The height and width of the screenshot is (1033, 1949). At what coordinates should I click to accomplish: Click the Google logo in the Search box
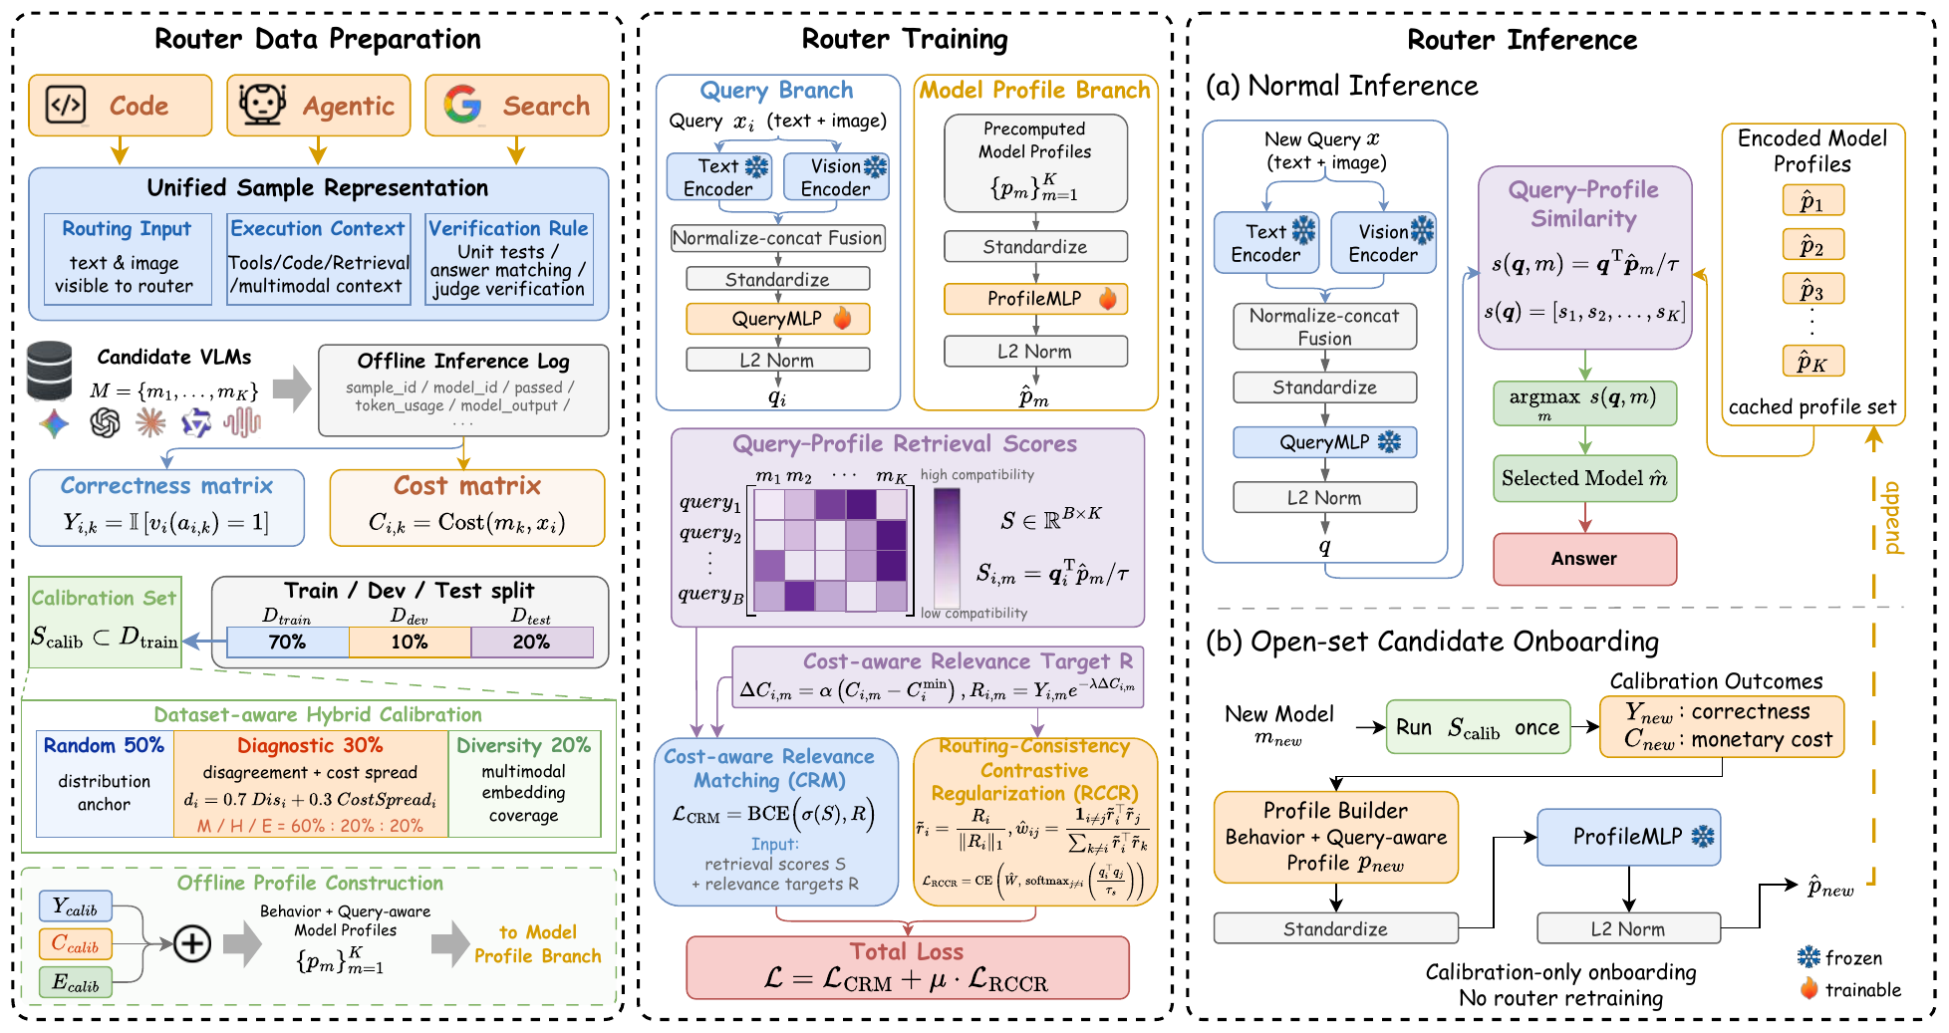[462, 105]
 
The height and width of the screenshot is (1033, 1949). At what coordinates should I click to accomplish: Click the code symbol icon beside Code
[66, 105]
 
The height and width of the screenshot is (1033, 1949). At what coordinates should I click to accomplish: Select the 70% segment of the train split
[288, 643]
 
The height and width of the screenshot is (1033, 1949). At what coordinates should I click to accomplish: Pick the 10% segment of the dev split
[410, 643]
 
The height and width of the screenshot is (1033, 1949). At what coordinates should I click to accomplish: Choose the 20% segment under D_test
[532, 643]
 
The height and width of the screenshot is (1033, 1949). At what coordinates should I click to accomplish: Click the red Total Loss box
[908, 967]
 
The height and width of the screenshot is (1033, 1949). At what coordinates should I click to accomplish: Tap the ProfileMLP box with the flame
[1035, 299]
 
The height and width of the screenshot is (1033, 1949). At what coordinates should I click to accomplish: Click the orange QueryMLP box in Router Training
[777, 319]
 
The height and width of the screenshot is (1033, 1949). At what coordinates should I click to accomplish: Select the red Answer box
[1584, 559]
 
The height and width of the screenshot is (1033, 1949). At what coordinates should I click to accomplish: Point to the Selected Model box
[1584, 479]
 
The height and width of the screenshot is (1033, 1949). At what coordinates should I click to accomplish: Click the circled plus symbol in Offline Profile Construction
[192, 942]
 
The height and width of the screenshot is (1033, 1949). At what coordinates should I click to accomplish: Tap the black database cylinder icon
[50, 371]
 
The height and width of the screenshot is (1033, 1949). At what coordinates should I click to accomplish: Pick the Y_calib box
[76, 906]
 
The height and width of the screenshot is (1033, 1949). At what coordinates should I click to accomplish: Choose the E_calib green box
[76, 983]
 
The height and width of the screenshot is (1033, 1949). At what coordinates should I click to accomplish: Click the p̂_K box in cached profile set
[1812, 362]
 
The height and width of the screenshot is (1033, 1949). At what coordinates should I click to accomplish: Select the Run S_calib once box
[1479, 727]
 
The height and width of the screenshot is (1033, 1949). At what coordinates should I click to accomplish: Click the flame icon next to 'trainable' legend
[1809, 988]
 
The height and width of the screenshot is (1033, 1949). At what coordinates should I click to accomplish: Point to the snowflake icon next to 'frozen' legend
[1809, 957]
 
